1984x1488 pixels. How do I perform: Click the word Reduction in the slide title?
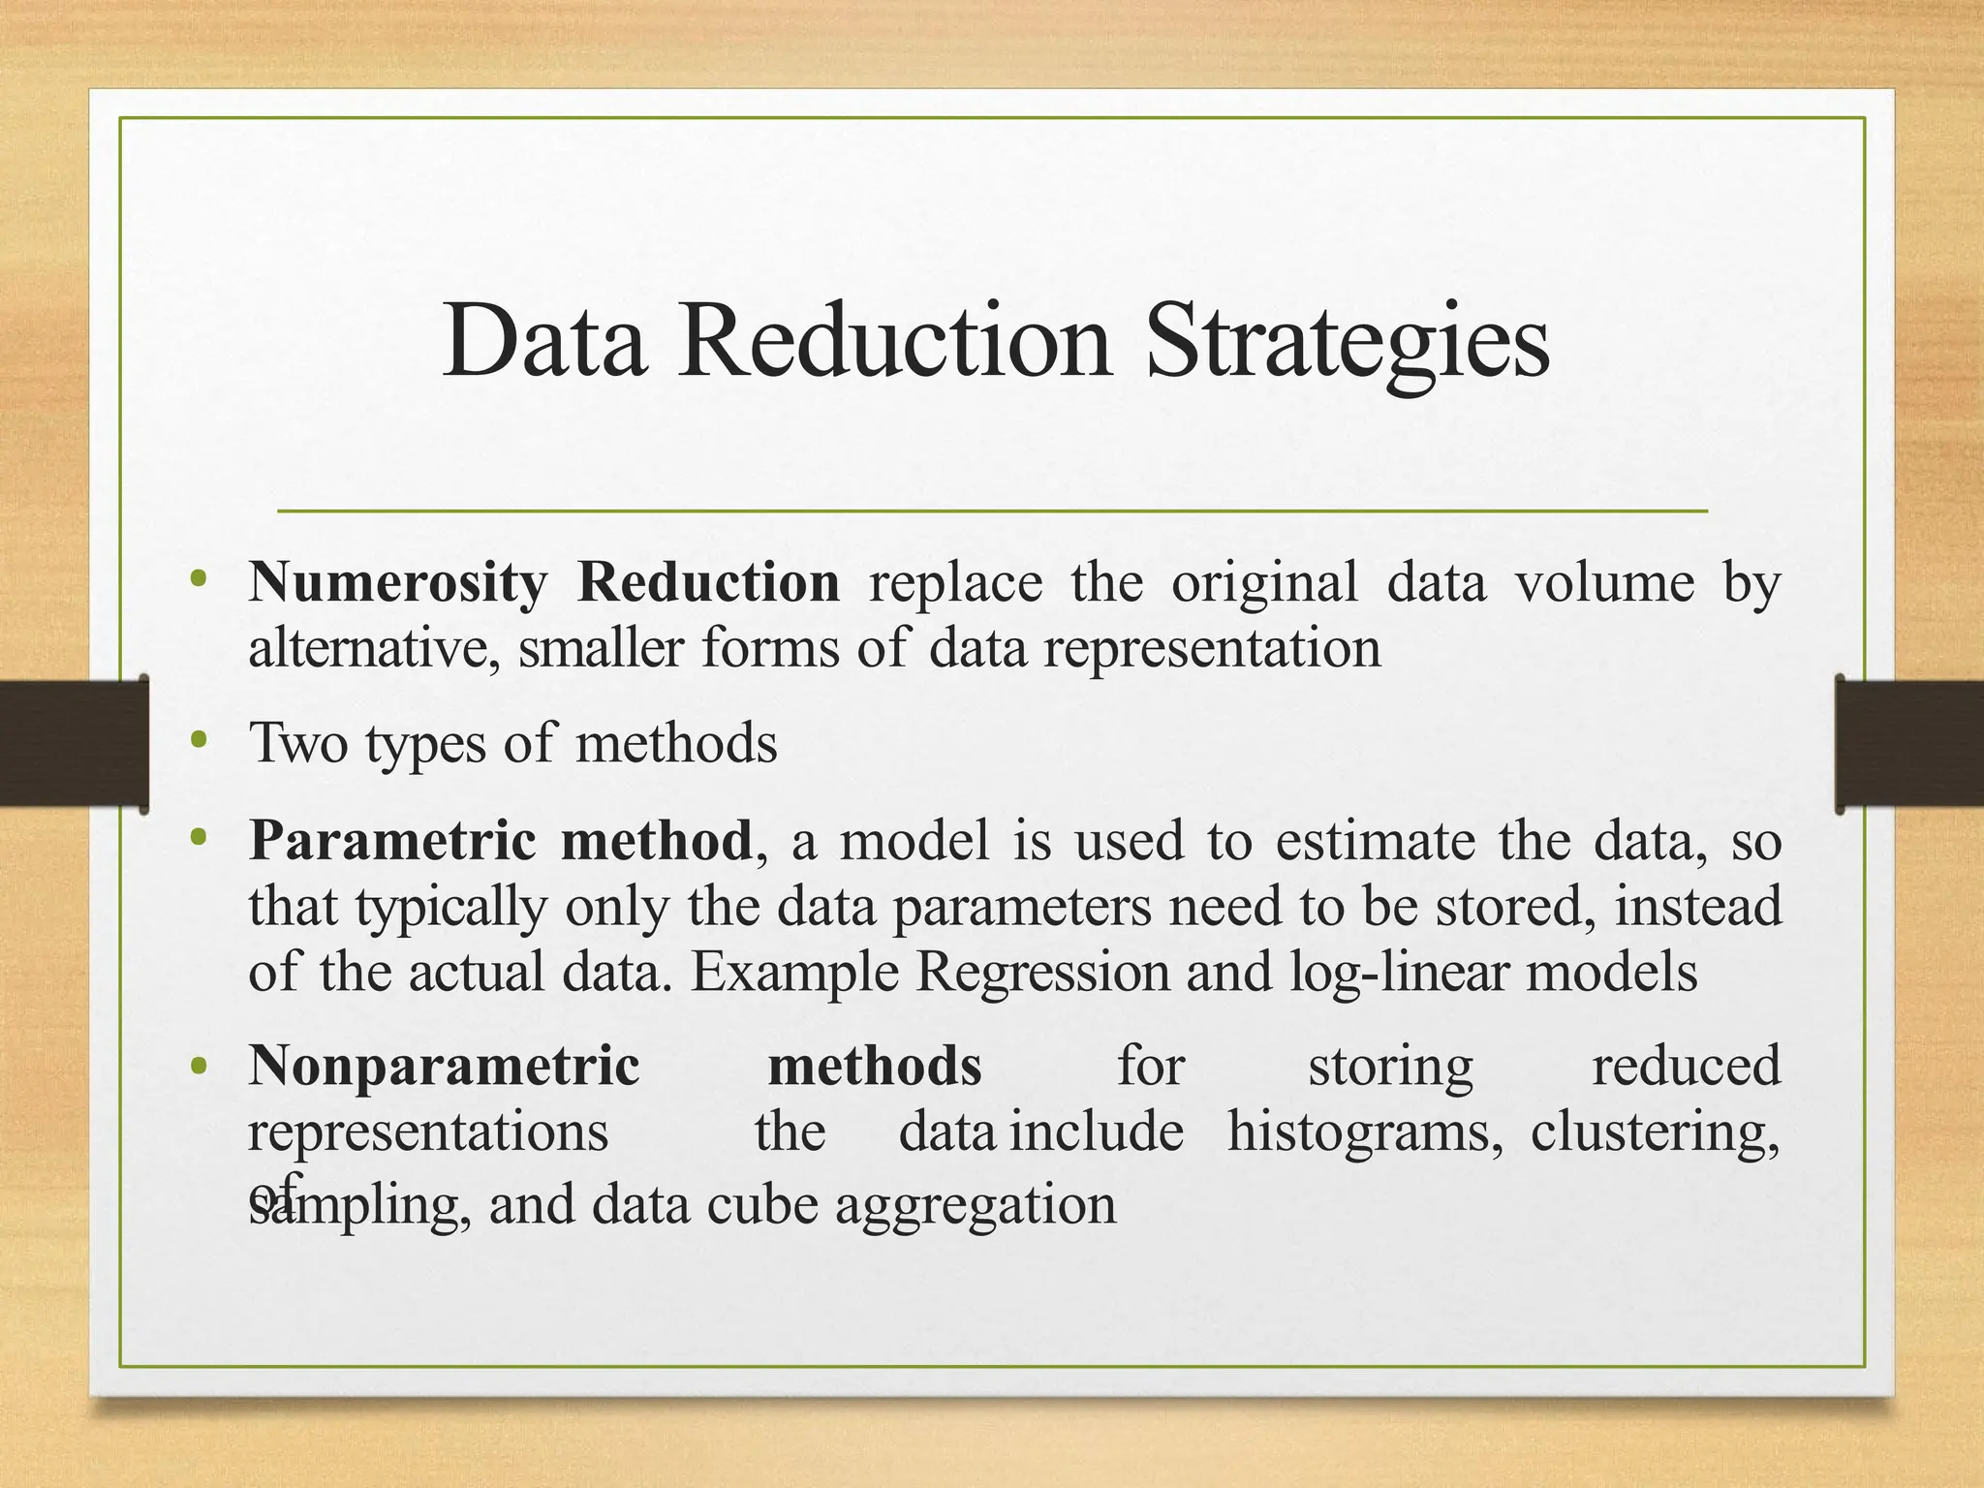893,342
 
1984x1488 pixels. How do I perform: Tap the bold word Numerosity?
397,583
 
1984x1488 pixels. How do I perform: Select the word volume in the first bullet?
1604,582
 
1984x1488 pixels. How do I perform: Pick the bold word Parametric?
391,840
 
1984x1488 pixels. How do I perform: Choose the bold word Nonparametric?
444,1067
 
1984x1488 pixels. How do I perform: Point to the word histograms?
1364,1131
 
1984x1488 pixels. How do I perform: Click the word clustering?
1654,1131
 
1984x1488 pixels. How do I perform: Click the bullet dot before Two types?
200,741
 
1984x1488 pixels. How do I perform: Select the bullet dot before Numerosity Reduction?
200,580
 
